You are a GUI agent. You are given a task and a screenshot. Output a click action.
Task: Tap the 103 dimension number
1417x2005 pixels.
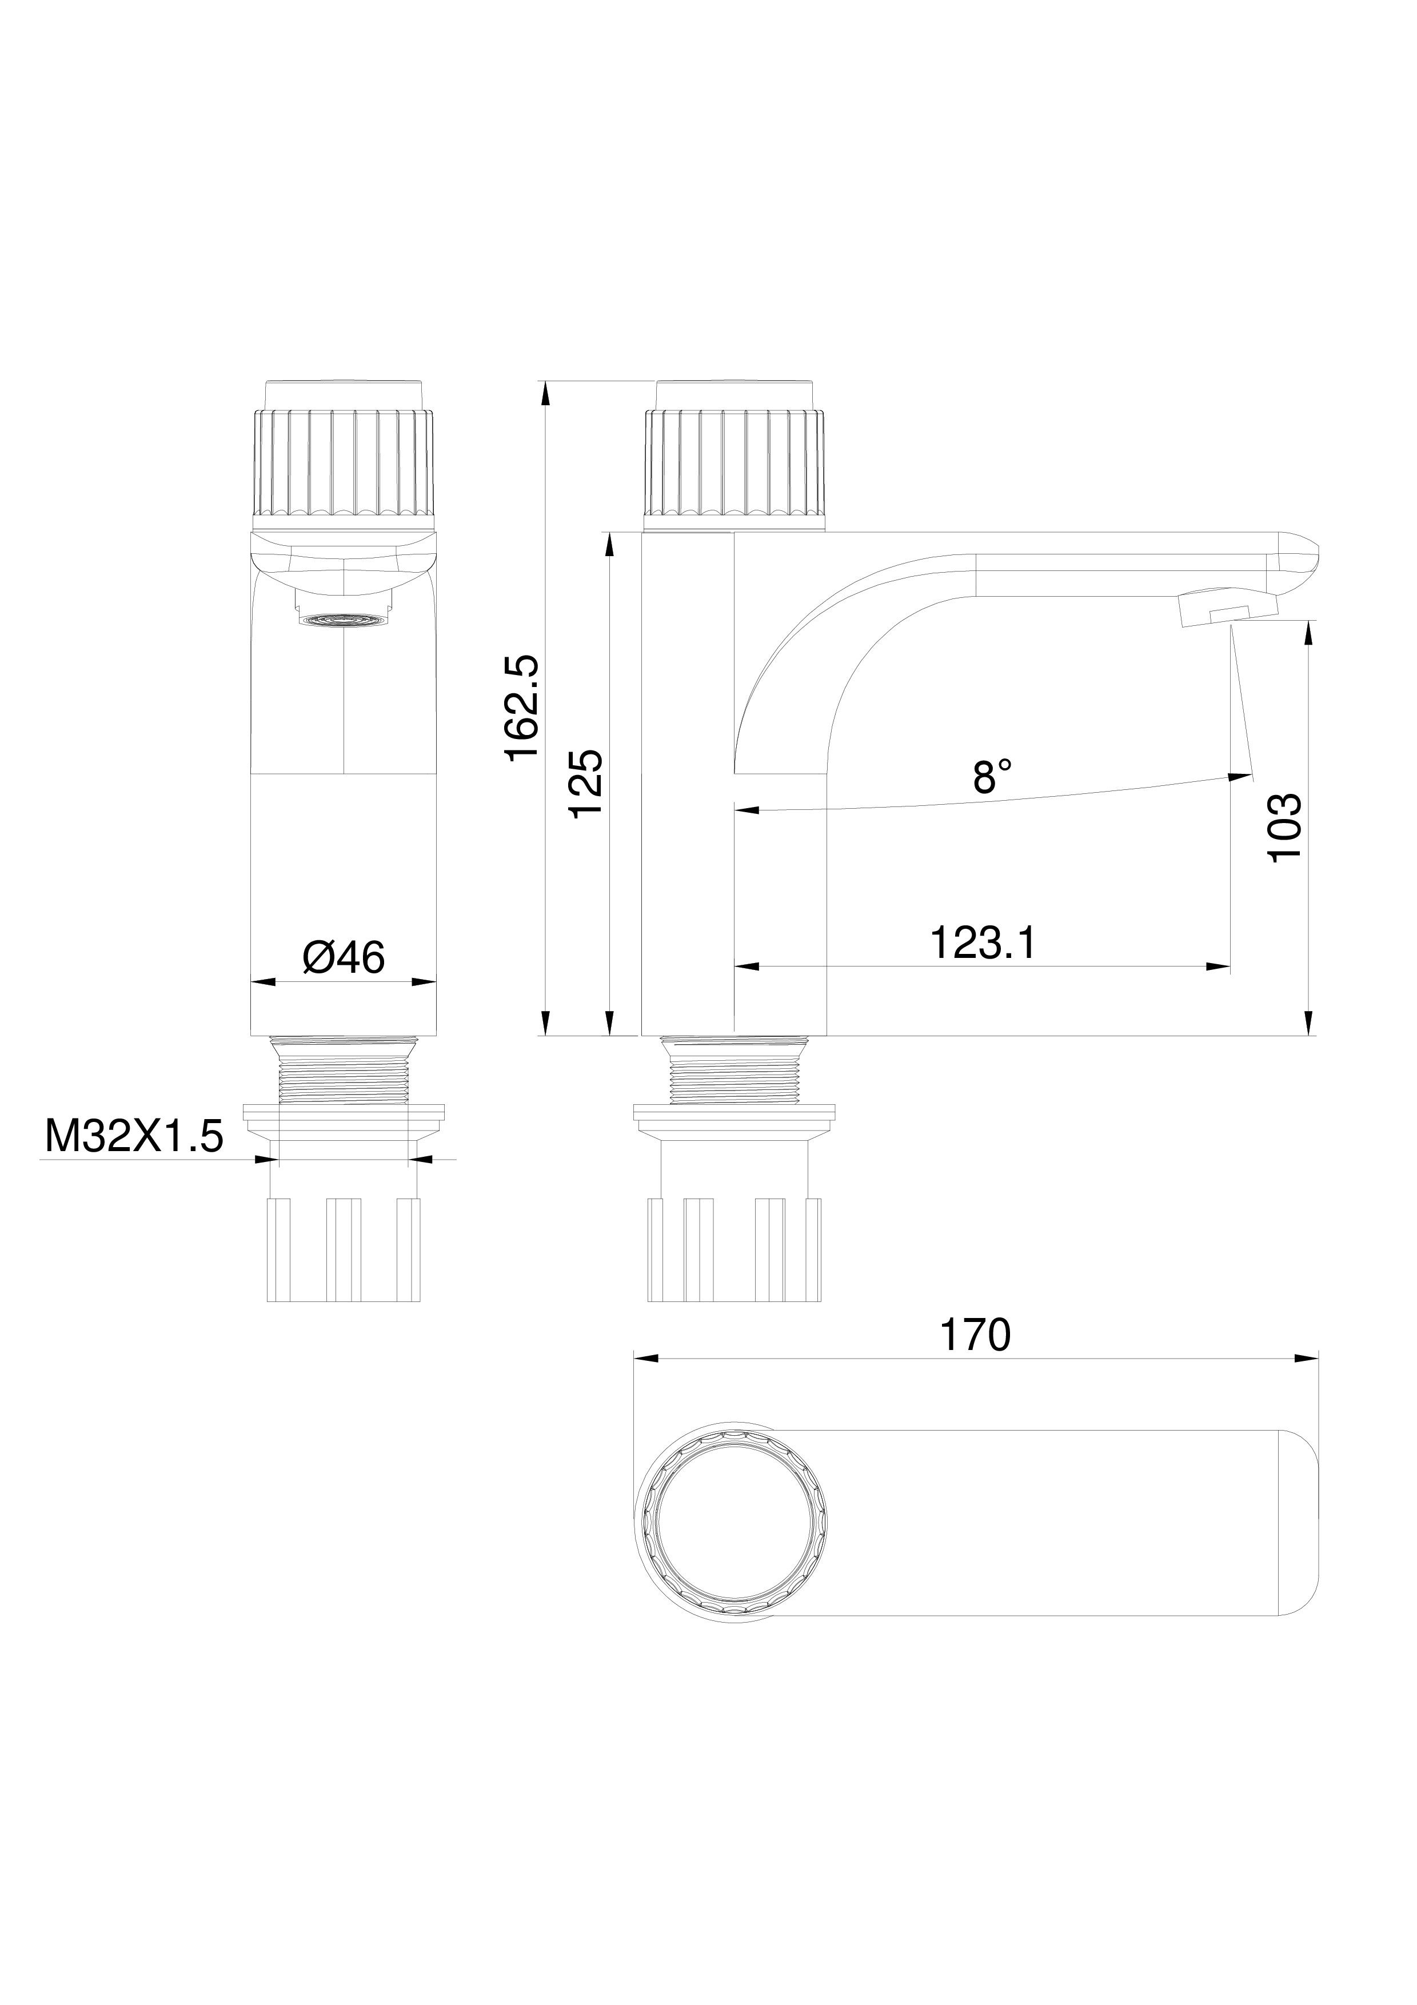pyautogui.click(x=1285, y=828)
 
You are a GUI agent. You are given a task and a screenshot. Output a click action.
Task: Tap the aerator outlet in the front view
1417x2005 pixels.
pyautogui.click(x=345, y=619)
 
